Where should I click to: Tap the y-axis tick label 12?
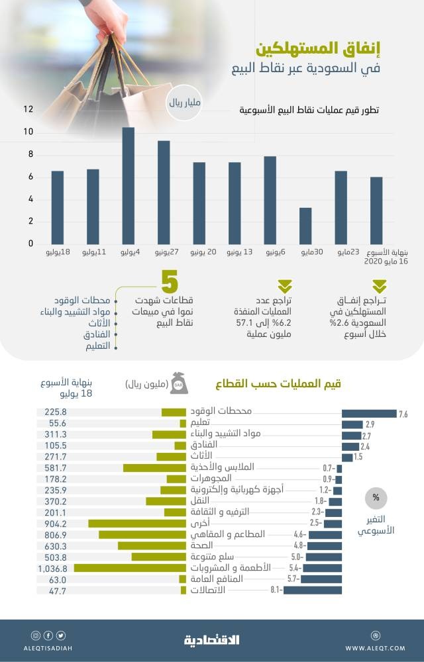(x=28, y=110)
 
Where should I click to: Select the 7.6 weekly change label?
(x=403, y=414)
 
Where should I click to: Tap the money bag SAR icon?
(x=179, y=382)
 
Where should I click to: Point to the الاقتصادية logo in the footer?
(x=211, y=639)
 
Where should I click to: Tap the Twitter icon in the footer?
(x=61, y=636)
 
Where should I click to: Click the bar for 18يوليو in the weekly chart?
(x=58, y=207)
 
